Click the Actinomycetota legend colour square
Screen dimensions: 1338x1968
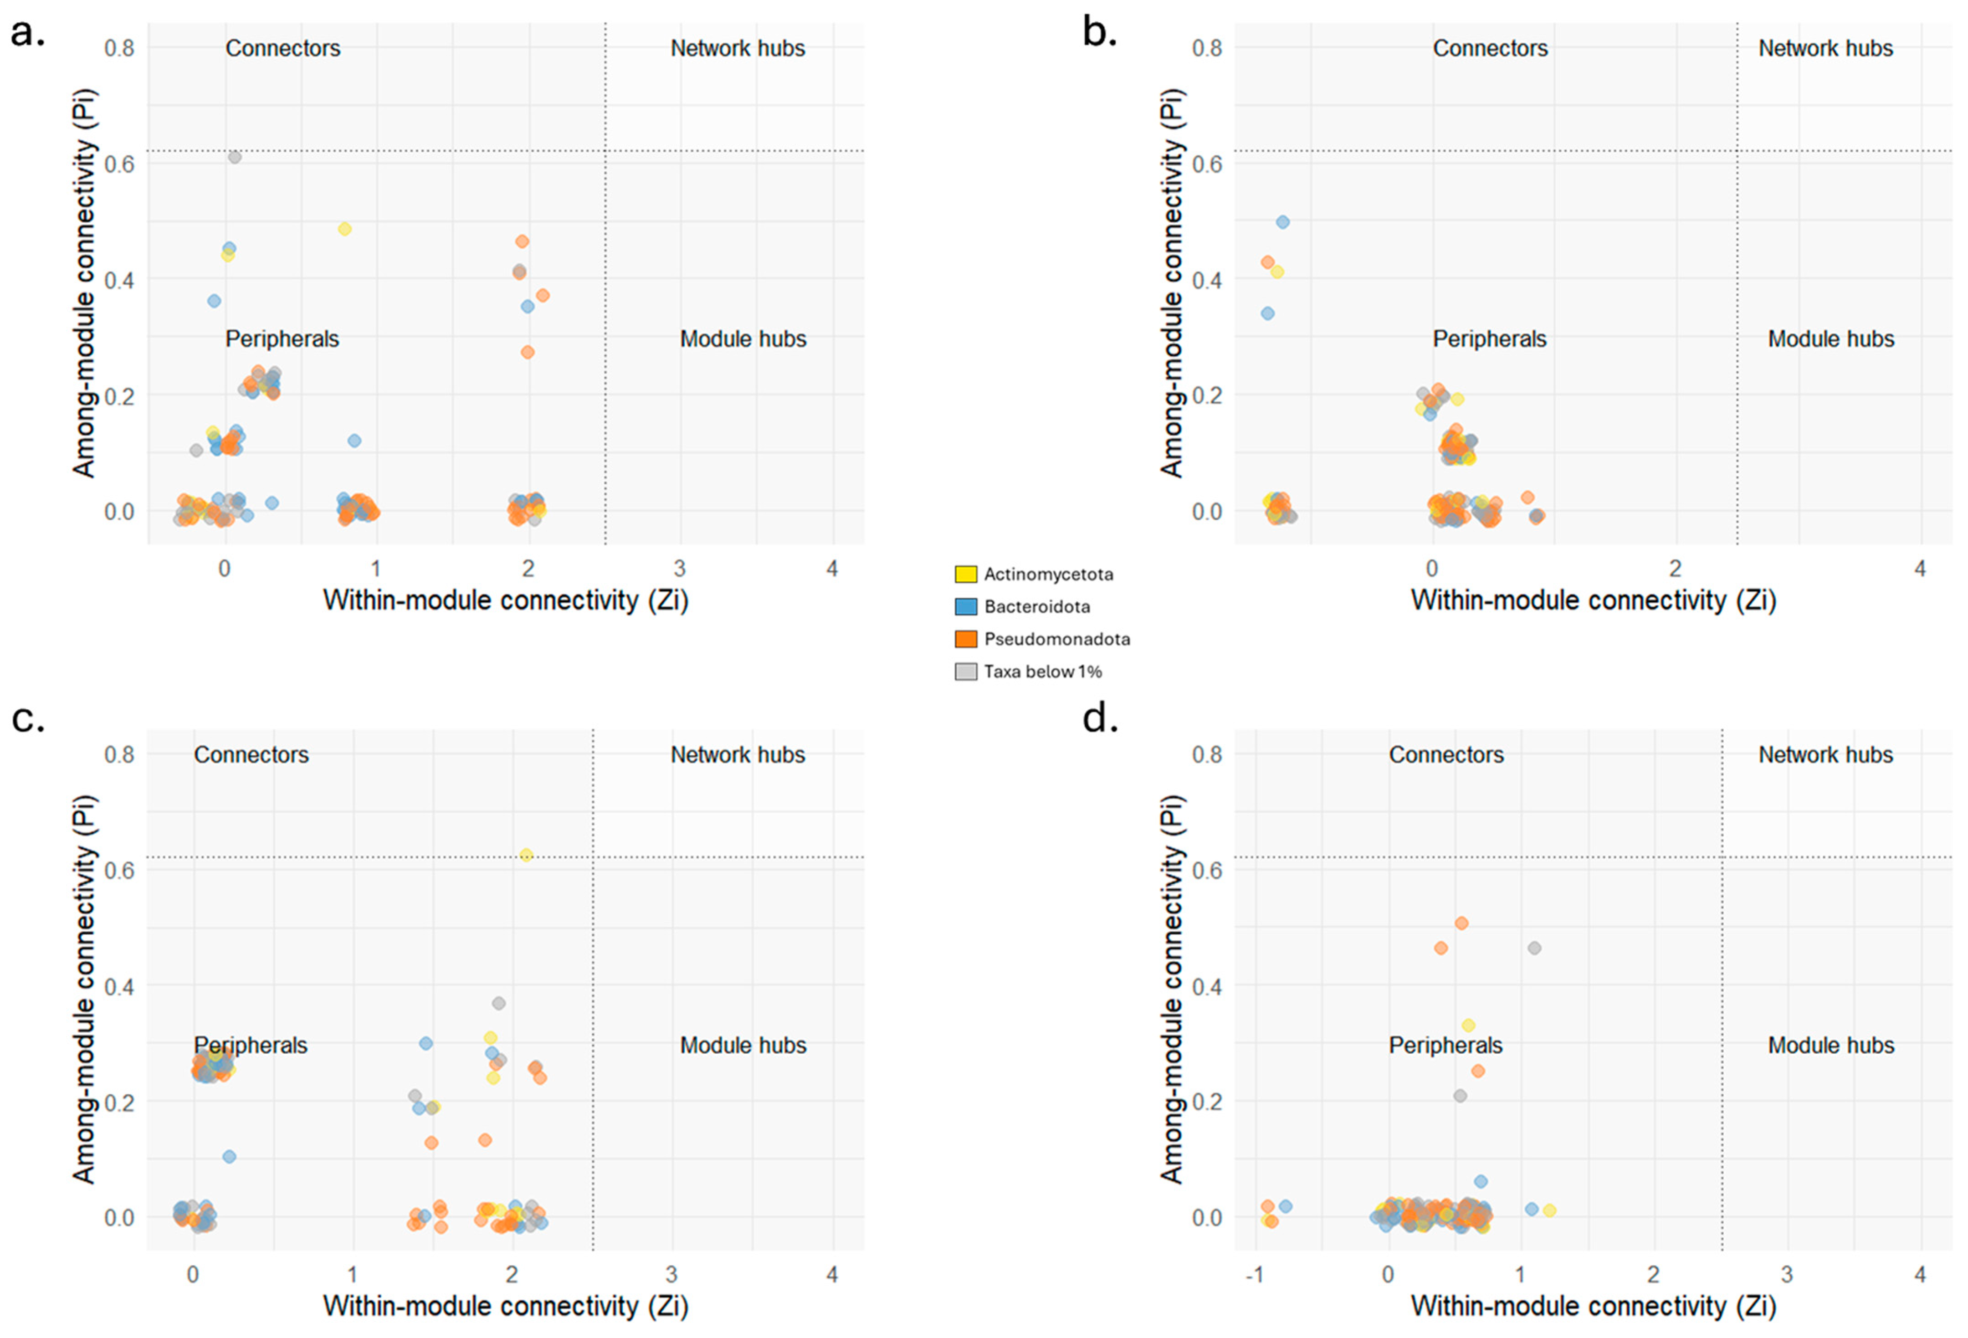coord(965,574)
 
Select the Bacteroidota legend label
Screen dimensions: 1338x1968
coord(1036,606)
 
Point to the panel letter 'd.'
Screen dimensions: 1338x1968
coord(1100,718)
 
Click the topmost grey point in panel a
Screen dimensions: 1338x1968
coord(235,158)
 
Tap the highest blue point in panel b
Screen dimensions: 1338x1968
coord(1282,222)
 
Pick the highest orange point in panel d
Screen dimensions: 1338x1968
coord(1461,923)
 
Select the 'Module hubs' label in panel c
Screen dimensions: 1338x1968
coord(743,1045)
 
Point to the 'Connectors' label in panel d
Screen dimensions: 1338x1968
coord(1445,754)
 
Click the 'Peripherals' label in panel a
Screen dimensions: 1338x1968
coord(282,339)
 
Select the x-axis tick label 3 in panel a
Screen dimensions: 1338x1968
coord(679,568)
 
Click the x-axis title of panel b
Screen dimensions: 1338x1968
coord(1593,600)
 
